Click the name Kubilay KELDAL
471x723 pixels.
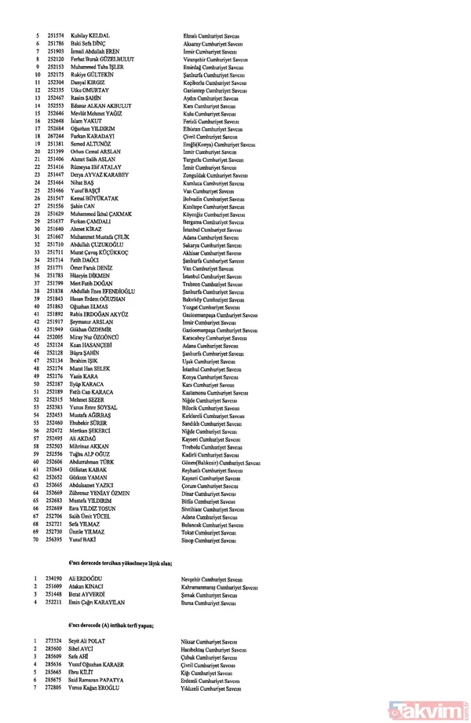[x=89, y=37]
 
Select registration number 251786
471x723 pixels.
[x=56, y=44]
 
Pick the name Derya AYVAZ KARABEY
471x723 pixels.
[x=98, y=176]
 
